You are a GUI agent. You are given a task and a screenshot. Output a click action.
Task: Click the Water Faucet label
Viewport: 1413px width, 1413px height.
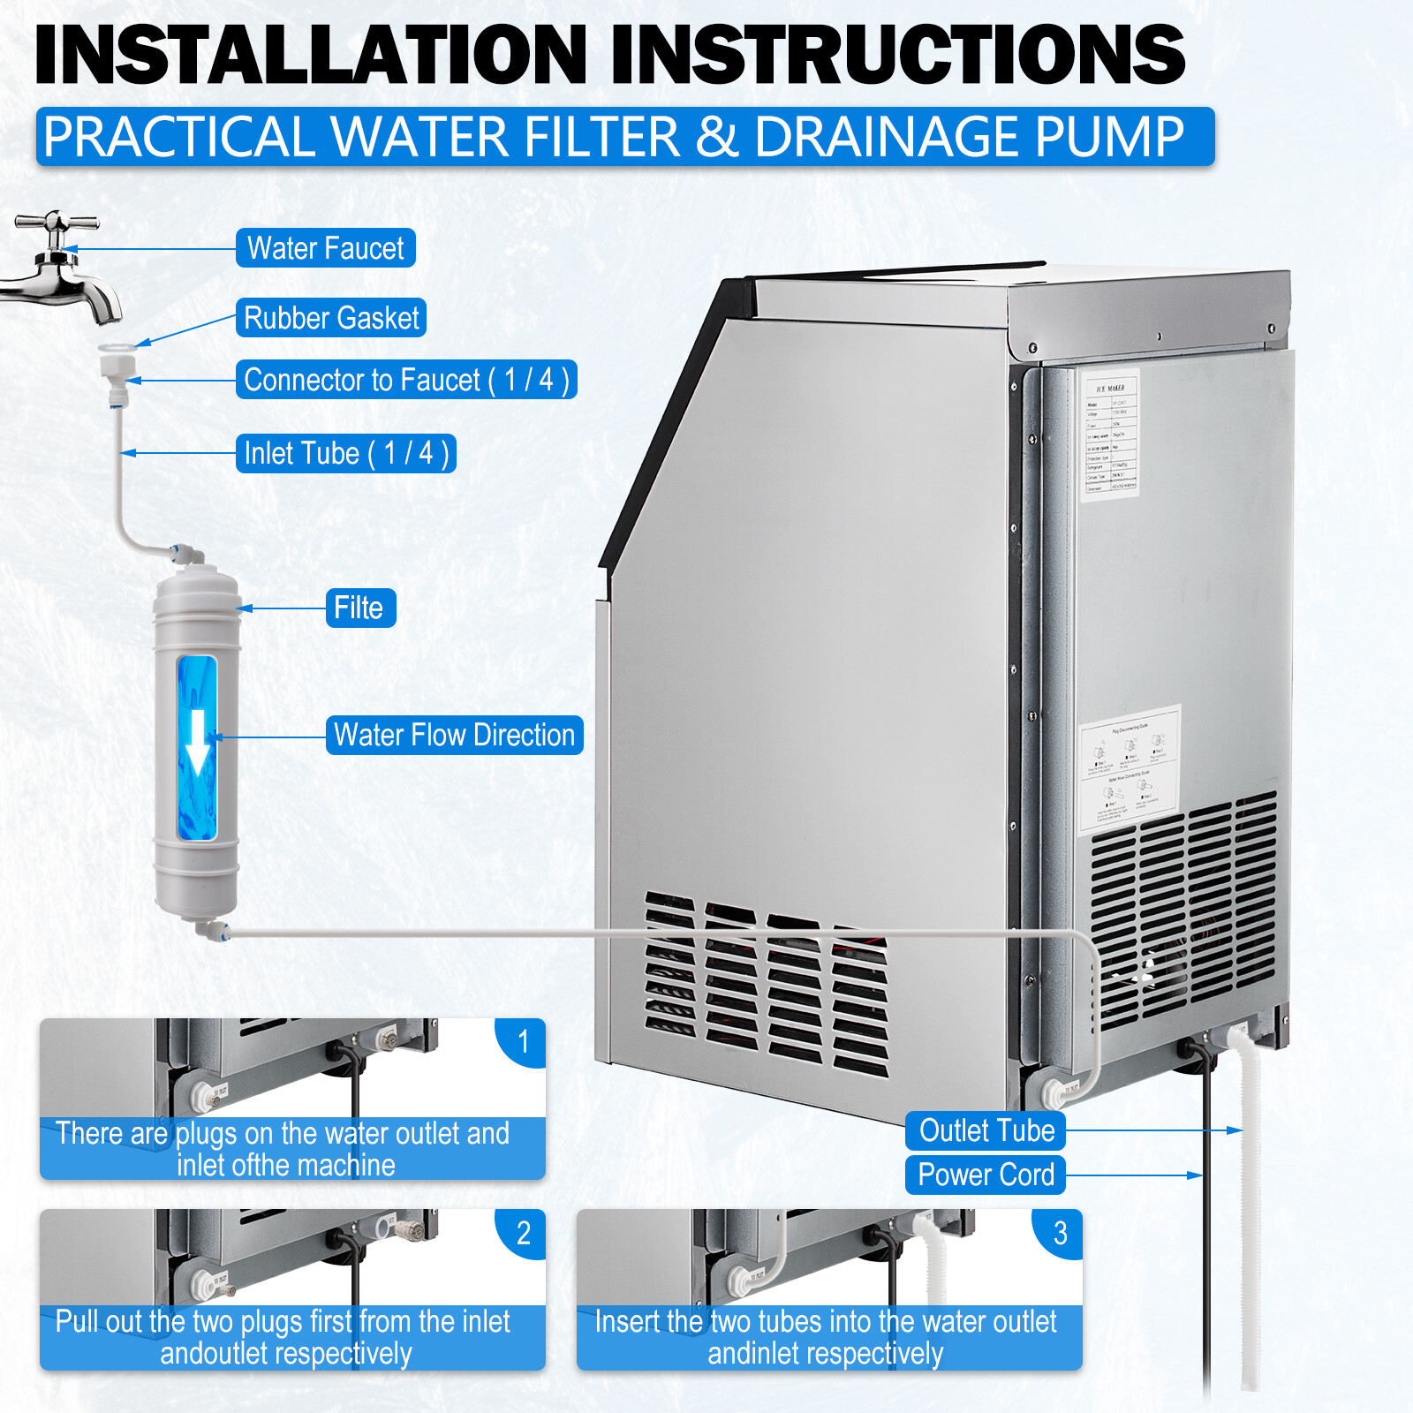(325, 248)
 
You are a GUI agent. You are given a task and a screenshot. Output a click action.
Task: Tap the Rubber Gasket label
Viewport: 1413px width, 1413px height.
(331, 318)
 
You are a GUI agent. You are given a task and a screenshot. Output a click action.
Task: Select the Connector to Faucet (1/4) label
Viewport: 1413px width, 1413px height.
(406, 380)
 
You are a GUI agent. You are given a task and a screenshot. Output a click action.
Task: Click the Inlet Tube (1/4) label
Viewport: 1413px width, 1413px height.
(345, 454)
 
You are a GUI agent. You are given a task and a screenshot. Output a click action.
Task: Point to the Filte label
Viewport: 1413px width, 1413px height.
(359, 608)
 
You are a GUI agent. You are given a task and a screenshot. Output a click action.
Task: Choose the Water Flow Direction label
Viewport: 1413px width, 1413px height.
(454, 736)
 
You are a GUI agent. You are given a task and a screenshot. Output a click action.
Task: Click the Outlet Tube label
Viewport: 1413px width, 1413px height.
(986, 1131)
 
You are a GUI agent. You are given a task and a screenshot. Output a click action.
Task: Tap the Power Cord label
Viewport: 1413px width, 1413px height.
(986, 1175)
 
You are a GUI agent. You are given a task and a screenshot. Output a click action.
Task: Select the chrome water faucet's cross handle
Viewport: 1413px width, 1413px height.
(57, 222)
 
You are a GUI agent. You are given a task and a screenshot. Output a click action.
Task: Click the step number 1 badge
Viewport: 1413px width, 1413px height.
(523, 1042)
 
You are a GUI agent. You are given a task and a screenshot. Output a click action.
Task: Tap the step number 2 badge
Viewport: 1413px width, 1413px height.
(523, 1233)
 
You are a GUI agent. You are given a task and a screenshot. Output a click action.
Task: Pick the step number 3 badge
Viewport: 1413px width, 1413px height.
(1060, 1233)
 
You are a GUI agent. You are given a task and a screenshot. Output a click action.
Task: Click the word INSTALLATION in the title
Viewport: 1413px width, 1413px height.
(309, 55)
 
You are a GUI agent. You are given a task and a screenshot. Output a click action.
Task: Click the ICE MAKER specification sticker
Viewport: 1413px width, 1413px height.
(1110, 434)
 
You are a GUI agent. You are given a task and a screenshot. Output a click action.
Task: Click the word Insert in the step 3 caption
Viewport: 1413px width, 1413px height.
(629, 1322)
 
